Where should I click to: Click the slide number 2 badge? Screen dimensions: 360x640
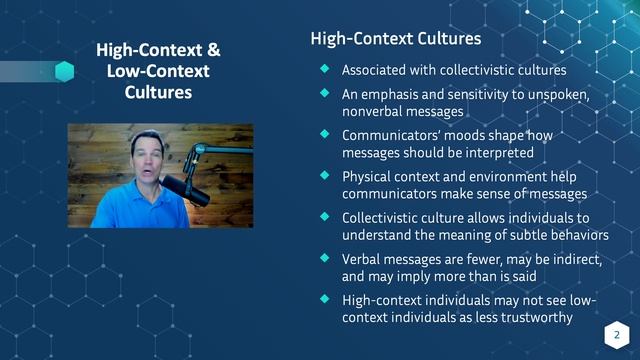pos(617,334)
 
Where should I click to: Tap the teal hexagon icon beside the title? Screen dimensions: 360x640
pos(65,71)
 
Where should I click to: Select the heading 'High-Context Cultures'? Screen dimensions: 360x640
pos(396,39)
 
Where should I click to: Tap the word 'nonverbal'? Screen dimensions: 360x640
pos(375,112)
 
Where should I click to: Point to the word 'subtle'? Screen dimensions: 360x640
pos(524,235)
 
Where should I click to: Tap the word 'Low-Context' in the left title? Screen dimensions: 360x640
pos(158,71)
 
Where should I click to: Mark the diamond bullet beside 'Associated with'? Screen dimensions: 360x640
pos(324,70)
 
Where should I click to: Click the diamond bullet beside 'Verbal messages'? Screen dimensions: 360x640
pos(324,258)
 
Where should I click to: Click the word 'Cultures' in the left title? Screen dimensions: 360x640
pos(158,92)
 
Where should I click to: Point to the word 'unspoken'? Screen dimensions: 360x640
pos(552,94)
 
